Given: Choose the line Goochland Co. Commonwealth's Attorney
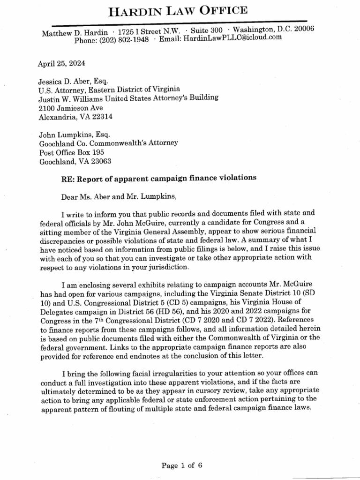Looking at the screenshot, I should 108,143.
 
